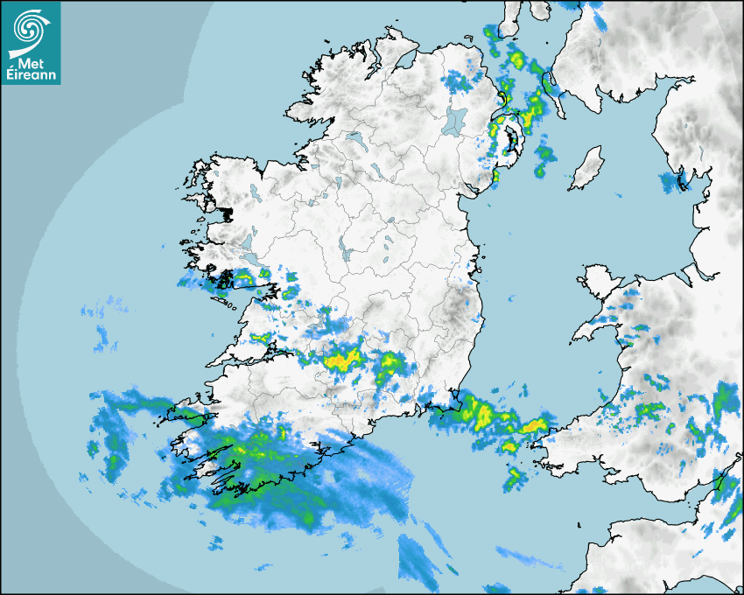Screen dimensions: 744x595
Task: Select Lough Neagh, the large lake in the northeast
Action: (x=455, y=120)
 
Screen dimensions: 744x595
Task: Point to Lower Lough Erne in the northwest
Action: (x=354, y=138)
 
